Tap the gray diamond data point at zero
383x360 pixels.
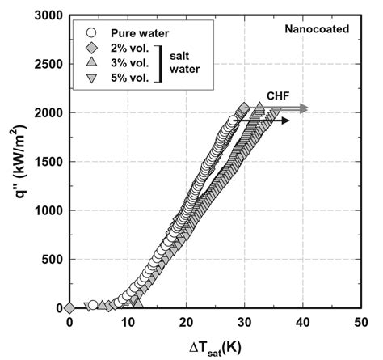pos(69,308)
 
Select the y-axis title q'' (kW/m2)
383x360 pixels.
pos(15,162)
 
